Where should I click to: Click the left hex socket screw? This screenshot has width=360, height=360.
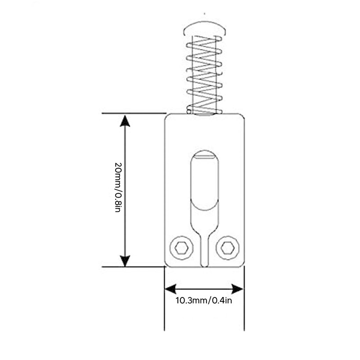181,248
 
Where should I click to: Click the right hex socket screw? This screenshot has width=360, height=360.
228,248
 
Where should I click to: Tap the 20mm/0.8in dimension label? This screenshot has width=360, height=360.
118,187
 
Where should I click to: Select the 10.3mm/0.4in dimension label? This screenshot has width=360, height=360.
204,301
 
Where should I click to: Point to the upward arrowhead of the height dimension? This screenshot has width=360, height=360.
125,121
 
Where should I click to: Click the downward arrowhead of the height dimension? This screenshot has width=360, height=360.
125,261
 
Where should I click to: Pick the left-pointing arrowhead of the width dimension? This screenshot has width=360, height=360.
171,289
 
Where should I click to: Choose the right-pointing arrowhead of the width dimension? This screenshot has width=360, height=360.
237,289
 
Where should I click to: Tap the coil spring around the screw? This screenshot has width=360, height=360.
204,75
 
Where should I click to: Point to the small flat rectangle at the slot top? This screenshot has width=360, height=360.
205,157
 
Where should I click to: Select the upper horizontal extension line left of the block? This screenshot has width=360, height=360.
134,113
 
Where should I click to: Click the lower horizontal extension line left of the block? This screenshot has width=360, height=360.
134,267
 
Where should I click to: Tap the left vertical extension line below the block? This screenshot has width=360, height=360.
164,298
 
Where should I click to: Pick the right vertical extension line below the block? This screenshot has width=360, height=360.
244,298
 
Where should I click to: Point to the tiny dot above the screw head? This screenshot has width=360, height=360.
205,13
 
